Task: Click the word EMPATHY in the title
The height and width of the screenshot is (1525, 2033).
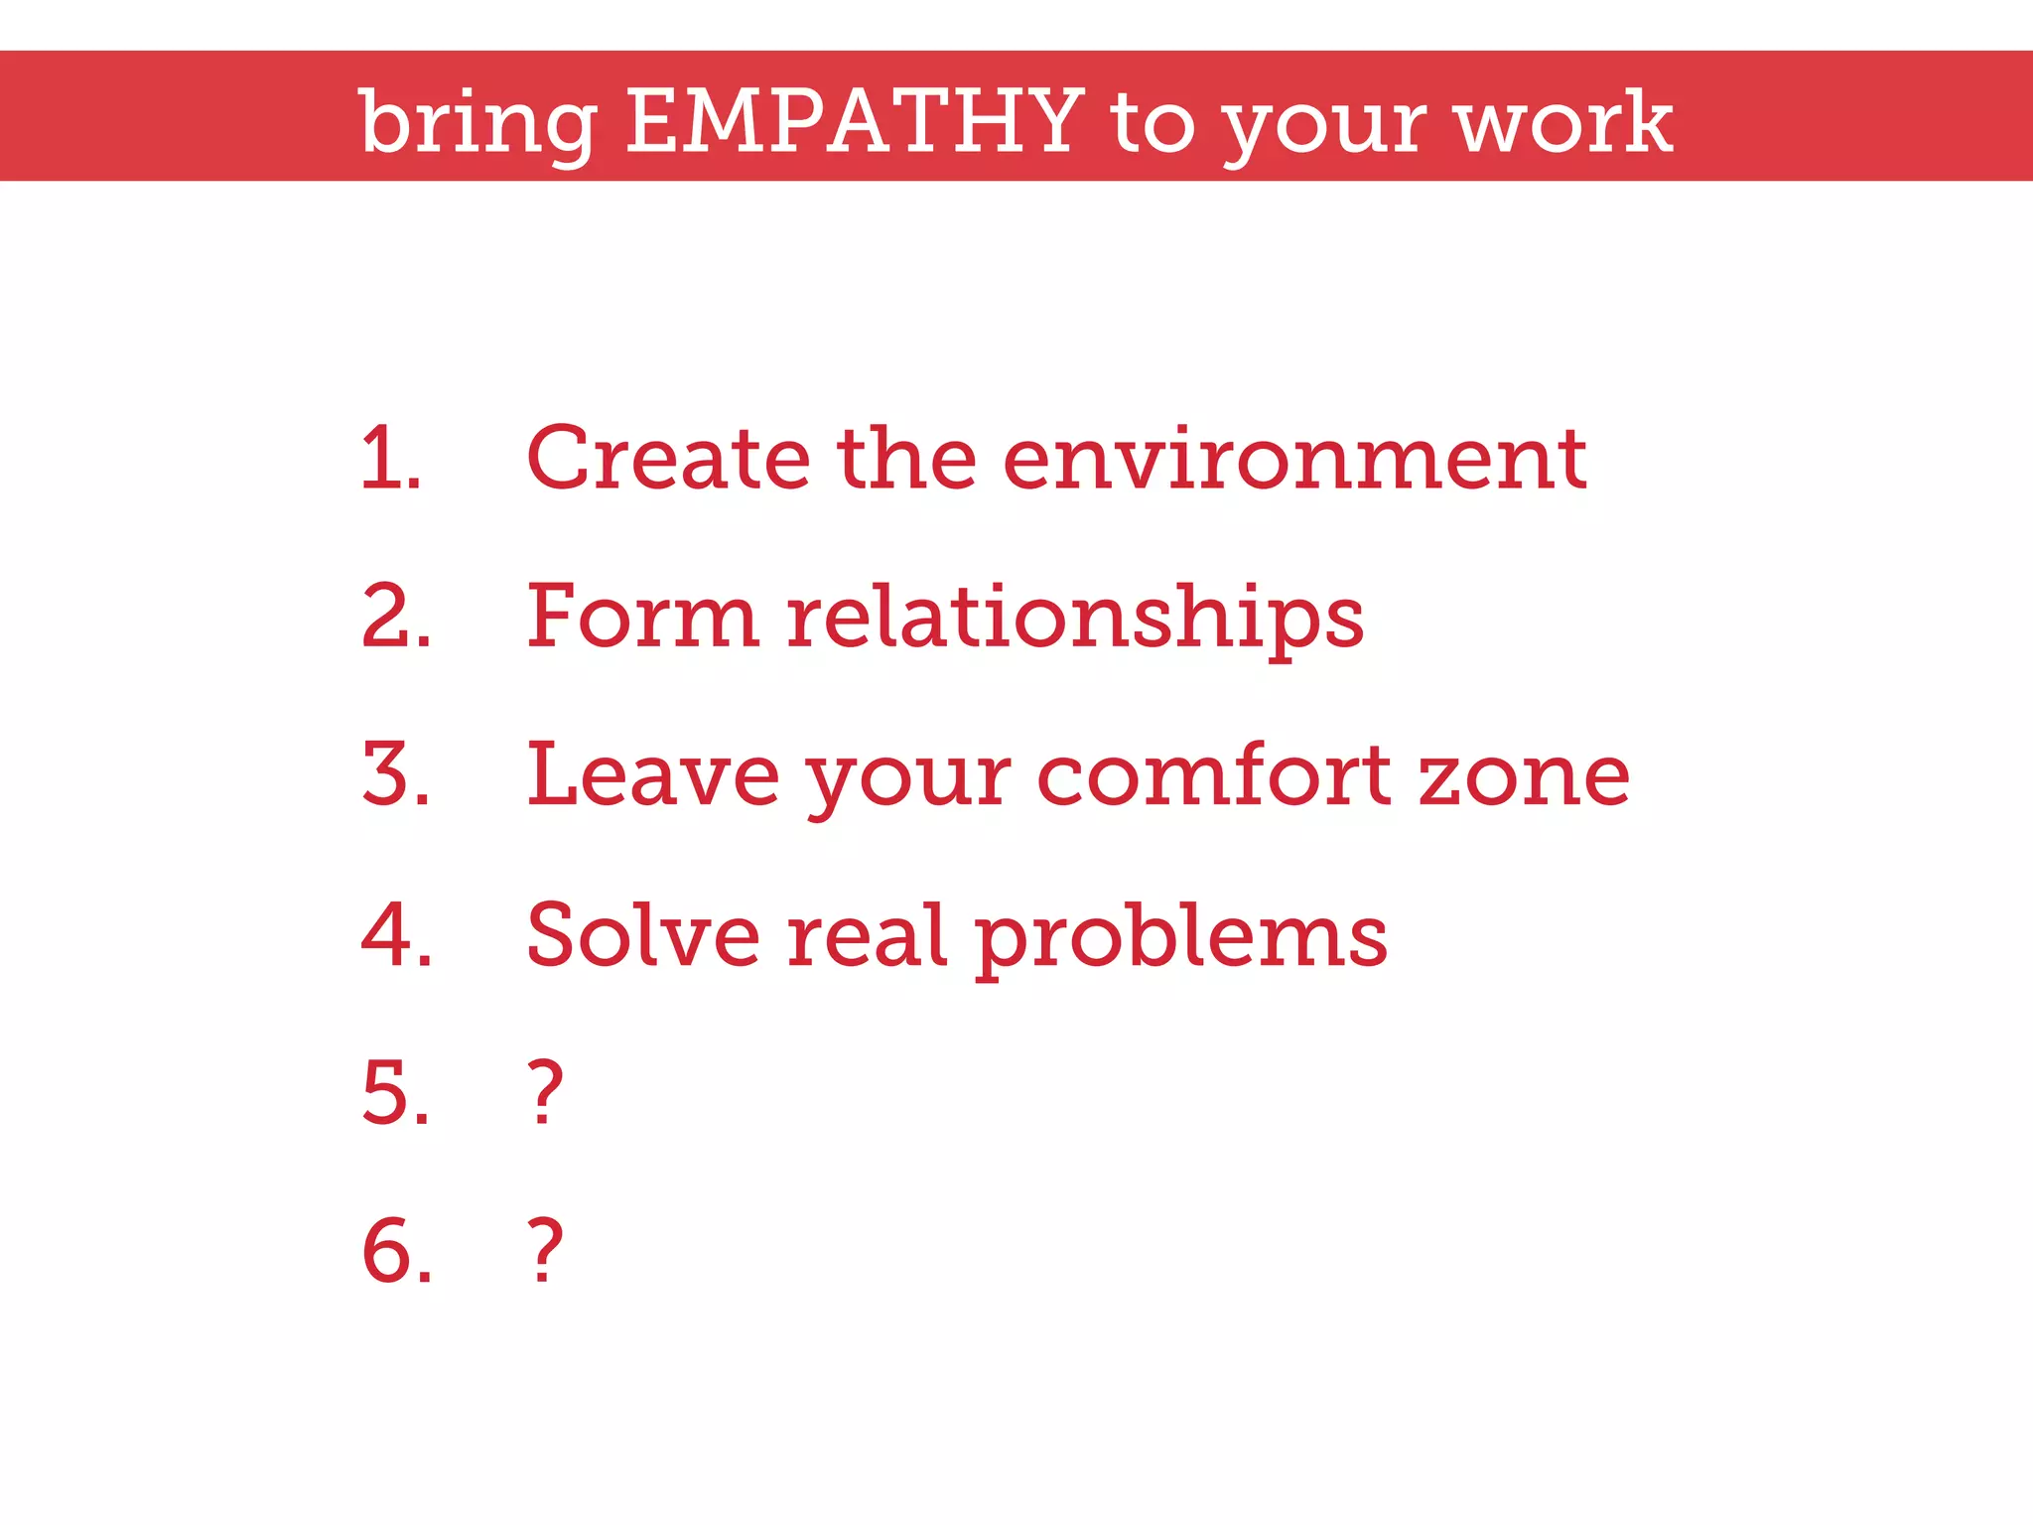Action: click(x=854, y=121)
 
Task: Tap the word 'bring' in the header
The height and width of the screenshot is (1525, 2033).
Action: click(x=477, y=123)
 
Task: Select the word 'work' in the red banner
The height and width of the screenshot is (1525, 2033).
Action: click(x=1563, y=121)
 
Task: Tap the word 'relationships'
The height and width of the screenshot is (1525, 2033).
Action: click(x=1076, y=618)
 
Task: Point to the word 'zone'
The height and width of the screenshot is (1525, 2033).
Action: click(x=1524, y=776)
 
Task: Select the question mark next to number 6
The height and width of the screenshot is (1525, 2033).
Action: click(x=545, y=1251)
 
